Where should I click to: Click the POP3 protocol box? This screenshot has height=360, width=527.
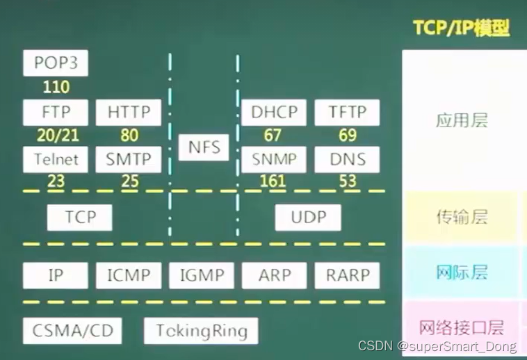click(x=56, y=63)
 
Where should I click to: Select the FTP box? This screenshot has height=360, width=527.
click(x=56, y=113)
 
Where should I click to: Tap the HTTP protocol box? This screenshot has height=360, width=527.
click(x=129, y=113)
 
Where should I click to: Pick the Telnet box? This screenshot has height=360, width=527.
click(x=56, y=159)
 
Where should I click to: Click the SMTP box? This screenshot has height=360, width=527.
click(x=129, y=159)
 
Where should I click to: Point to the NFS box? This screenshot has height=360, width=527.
click(x=204, y=147)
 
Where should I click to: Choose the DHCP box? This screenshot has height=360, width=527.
click(x=274, y=113)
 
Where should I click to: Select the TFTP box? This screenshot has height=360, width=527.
click(x=347, y=113)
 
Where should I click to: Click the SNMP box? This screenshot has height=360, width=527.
click(x=274, y=159)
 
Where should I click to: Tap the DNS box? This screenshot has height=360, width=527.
click(x=347, y=159)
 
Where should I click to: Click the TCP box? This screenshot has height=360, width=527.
click(x=80, y=218)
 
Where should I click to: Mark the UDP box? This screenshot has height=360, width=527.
click(x=308, y=218)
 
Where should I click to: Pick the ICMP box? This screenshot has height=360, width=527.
click(x=129, y=275)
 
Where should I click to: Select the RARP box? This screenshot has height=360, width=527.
click(x=347, y=275)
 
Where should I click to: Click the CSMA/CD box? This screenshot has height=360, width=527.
click(x=72, y=330)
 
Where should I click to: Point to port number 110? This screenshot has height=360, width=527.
click(x=56, y=88)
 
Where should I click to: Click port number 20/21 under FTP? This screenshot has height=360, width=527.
click(x=56, y=136)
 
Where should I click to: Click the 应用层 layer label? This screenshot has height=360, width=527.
click(x=462, y=121)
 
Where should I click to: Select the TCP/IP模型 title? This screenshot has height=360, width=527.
click(x=461, y=28)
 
